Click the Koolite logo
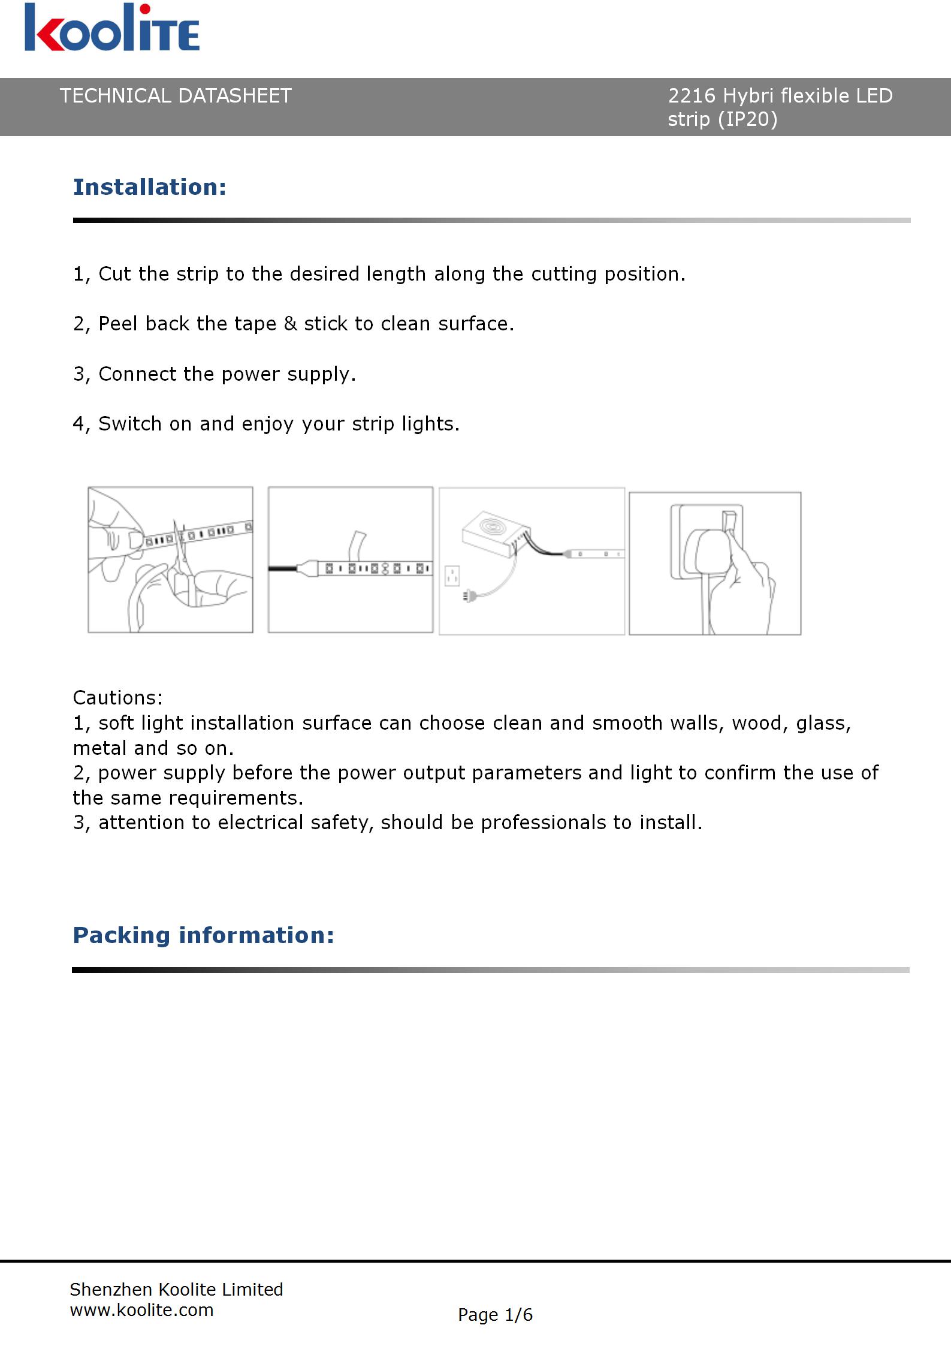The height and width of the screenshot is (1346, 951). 111,29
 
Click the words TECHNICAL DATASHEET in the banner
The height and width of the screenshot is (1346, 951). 176,96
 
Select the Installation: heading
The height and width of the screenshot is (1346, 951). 150,187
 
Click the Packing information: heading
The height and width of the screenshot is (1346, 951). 203,935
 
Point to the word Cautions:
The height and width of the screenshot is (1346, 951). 117,697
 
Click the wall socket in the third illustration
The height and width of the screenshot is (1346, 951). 452,576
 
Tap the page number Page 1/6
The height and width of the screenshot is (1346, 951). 495,1315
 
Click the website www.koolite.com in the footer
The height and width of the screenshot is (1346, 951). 141,1310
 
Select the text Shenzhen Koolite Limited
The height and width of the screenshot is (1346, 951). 176,1289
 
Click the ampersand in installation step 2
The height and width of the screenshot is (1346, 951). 290,324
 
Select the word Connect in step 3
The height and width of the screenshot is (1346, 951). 138,374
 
